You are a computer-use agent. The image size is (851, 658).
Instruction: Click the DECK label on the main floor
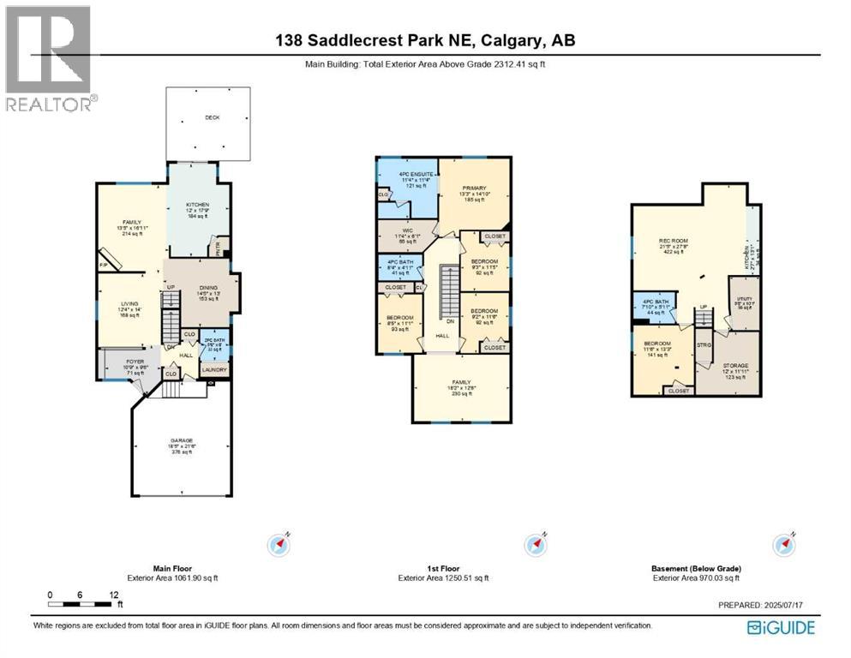click(x=212, y=117)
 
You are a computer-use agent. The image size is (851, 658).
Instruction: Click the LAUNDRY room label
click(x=214, y=369)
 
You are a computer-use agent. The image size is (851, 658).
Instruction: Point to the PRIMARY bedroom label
click(x=474, y=188)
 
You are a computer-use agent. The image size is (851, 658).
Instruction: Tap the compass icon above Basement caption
click(x=782, y=544)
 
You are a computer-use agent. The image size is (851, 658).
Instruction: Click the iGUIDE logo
click(x=781, y=628)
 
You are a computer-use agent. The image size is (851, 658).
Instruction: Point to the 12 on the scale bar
click(x=112, y=594)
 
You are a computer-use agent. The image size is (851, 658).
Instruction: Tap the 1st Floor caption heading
click(x=442, y=568)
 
